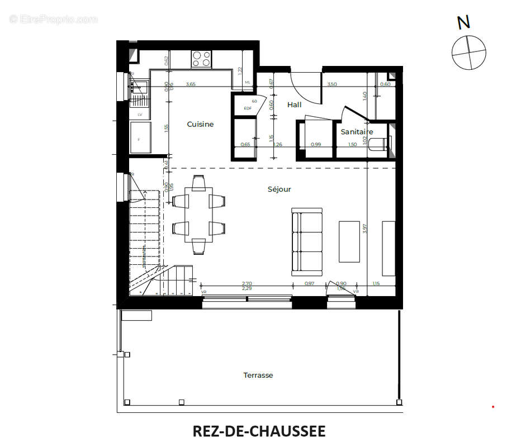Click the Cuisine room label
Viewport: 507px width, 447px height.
point(200,124)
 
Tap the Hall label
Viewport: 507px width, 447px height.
point(294,104)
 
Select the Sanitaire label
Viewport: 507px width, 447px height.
point(357,132)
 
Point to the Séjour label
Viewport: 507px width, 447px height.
point(279,189)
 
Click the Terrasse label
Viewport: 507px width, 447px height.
point(258,375)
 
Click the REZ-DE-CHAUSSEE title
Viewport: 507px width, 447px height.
point(259,431)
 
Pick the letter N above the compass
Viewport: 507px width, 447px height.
point(463,22)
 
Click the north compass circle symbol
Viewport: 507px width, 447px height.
point(469,52)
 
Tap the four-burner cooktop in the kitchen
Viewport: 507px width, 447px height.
point(202,59)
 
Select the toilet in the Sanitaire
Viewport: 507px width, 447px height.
point(382,144)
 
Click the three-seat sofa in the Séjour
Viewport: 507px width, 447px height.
point(307,241)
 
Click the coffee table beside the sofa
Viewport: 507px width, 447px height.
point(349,241)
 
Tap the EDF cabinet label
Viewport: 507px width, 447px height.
point(247,108)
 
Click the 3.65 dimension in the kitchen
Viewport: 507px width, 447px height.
point(191,84)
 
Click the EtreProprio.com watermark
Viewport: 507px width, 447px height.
point(53,19)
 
